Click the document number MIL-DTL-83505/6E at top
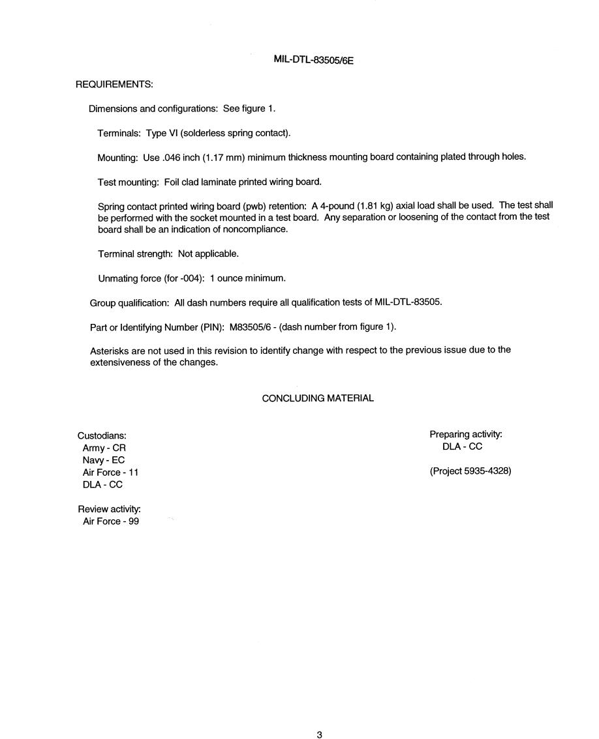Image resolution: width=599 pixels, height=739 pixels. click(x=313, y=60)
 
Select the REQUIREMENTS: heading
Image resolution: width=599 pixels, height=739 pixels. click(x=114, y=84)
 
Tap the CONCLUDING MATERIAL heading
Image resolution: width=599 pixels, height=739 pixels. click(x=318, y=398)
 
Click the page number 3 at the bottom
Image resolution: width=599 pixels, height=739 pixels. click(x=319, y=735)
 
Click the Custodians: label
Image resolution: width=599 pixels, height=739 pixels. click(x=102, y=435)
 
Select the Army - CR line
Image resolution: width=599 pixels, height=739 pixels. click(x=104, y=448)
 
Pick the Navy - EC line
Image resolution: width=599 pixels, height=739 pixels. click(x=104, y=460)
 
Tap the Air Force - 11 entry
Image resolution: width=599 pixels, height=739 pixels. click(x=110, y=472)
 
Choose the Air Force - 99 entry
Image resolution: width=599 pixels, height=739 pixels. click(x=110, y=521)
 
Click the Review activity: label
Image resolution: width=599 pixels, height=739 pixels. click(x=109, y=509)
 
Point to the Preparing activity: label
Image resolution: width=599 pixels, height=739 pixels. click(x=465, y=434)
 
